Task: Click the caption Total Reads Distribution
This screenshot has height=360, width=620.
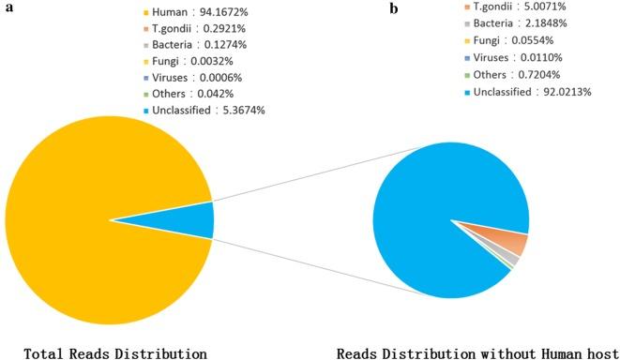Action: (x=114, y=353)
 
